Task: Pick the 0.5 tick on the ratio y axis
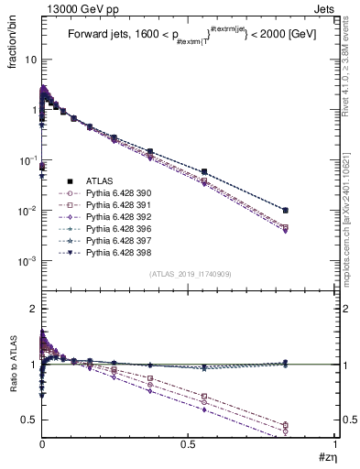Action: click(29, 420)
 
